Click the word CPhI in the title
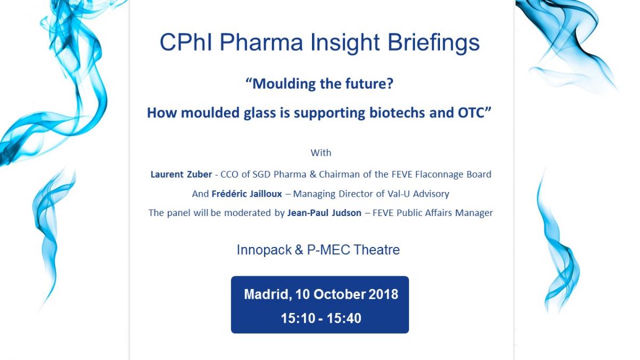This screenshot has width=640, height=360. point(186,42)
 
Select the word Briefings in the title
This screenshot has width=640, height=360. point(434,43)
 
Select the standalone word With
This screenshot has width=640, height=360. point(321,153)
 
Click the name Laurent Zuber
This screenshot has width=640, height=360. point(181,174)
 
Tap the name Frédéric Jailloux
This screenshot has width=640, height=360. point(247,194)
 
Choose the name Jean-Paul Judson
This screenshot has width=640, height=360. point(324,213)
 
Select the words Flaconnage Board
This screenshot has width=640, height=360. point(453,174)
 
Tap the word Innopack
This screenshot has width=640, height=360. point(265,250)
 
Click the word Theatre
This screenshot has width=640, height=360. point(377,250)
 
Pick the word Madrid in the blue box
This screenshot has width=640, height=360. point(268,294)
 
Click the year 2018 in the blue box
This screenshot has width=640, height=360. point(383,294)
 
